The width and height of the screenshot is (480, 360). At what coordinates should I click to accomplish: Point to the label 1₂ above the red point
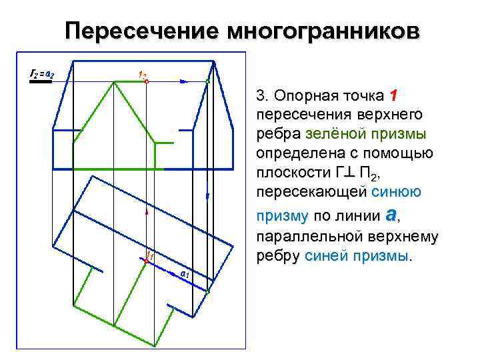click(143, 73)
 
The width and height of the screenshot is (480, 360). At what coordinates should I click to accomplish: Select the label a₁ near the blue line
click(185, 274)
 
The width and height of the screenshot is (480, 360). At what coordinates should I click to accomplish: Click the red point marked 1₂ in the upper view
click(146, 81)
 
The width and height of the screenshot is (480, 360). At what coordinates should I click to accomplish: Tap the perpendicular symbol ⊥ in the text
click(351, 174)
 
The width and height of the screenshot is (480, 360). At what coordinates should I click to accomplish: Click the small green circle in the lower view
click(207, 291)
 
